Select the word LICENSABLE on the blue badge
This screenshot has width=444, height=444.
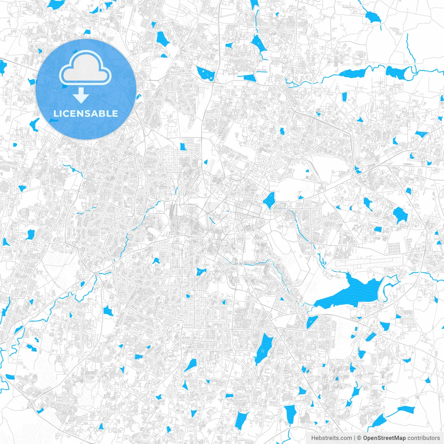86,113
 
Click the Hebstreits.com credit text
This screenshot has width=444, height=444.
331,438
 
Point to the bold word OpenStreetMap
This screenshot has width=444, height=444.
384,438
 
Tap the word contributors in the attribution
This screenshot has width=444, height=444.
424,438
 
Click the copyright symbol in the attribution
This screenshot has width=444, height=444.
359,438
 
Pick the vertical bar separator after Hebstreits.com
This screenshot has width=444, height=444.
355,438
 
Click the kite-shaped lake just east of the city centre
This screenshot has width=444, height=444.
269,200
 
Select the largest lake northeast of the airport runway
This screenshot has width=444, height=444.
401,214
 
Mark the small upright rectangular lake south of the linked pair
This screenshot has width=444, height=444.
344,97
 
